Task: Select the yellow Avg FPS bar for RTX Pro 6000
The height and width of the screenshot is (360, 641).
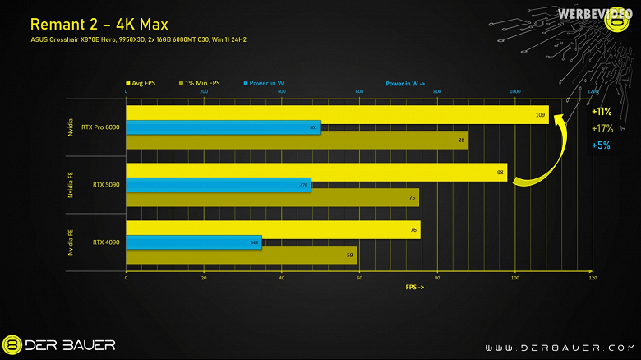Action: click(x=337, y=115)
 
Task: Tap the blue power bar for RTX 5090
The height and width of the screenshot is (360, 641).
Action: click(x=218, y=185)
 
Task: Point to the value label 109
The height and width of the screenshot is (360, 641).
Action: click(x=541, y=115)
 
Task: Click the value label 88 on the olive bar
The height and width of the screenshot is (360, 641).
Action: click(x=462, y=141)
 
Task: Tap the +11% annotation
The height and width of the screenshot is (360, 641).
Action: click(x=602, y=112)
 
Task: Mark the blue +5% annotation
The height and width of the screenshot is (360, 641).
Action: click(x=601, y=145)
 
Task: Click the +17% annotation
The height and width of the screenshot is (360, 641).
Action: click(x=602, y=128)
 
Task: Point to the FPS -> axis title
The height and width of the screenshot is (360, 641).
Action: click(x=416, y=288)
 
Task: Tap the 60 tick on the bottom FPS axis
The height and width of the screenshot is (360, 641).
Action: click(x=359, y=279)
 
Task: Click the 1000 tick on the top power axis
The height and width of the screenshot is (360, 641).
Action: click(x=515, y=92)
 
